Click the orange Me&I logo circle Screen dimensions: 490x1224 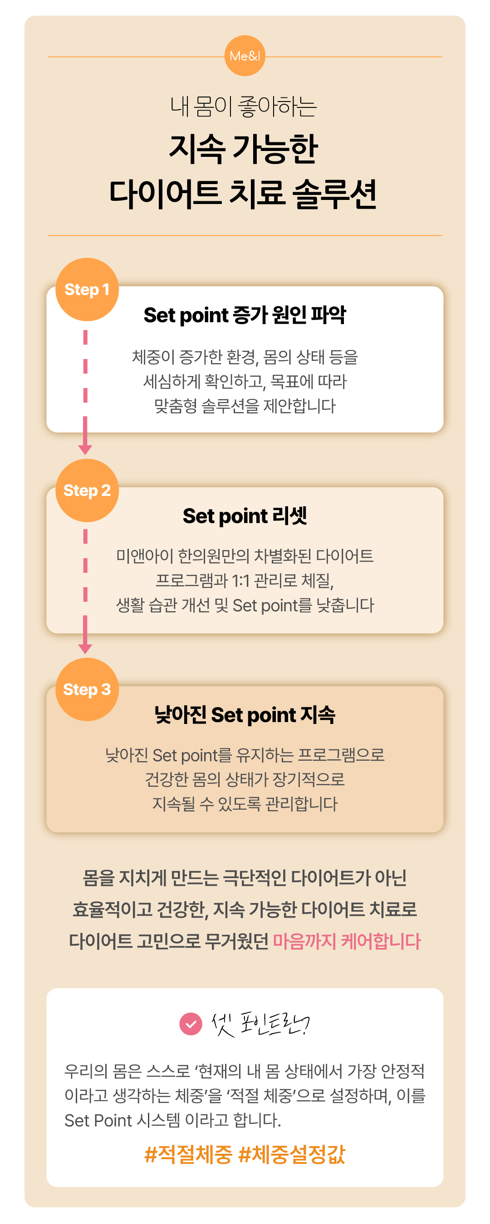[x=245, y=56]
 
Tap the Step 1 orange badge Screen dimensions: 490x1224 [x=87, y=289]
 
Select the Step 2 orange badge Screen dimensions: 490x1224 [x=87, y=491]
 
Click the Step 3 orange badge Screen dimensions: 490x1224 [x=87, y=690]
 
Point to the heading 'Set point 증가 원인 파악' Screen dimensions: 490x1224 [x=245, y=315]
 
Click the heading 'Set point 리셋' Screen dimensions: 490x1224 [x=245, y=516]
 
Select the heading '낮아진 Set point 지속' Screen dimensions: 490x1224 [x=245, y=715]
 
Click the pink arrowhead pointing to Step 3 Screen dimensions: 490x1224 [x=85, y=649]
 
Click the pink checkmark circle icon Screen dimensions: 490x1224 [x=191, y=1024]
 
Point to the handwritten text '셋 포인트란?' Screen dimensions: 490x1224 [x=260, y=1024]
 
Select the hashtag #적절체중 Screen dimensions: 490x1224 [x=188, y=1155]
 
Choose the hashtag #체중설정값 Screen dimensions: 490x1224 [x=292, y=1155]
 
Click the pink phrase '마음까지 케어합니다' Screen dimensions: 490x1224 [x=347, y=941]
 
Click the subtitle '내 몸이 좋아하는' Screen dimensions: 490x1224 [x=244, y=107]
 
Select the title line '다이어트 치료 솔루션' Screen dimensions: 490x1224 [x=243, y=194]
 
